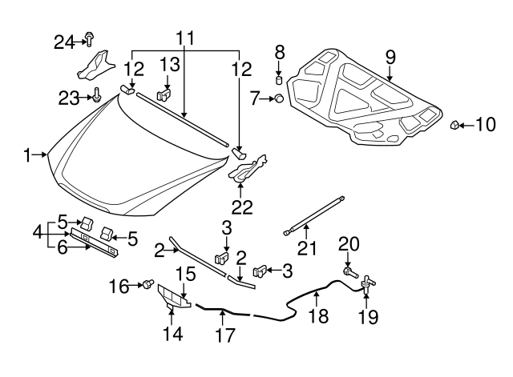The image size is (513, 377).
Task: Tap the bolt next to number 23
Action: point(96,97)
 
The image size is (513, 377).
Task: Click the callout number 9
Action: point(390,57)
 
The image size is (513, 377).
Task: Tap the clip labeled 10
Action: point(454,125)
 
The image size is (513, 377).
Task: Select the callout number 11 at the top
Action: point(185,37)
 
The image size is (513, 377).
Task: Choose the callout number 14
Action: point(173,332)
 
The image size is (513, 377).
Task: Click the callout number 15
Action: point(185,273)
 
